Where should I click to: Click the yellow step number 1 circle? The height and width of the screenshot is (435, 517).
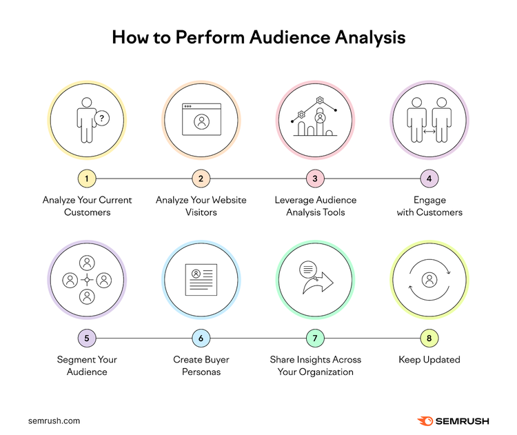[87, 179]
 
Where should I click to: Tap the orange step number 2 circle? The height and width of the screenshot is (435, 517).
[201, 179]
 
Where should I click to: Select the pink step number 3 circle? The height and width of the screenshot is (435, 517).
[315, 179]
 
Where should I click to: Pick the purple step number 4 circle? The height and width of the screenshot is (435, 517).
[429, 179]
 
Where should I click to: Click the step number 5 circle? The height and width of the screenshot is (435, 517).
[87, 338]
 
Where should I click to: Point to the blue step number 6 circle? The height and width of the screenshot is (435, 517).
[201, 338]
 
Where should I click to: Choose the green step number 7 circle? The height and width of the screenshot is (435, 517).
[315, 338]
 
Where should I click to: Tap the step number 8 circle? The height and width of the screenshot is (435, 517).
[429, 338]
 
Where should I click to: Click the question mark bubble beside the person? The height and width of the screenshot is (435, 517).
[102, 118]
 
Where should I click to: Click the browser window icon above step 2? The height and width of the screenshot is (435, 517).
[201, 119]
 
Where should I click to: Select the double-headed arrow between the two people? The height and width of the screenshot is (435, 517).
[429, 132]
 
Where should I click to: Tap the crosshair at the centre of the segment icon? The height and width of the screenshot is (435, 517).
[87, 280]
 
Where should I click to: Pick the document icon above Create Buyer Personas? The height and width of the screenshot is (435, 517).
[201, 280]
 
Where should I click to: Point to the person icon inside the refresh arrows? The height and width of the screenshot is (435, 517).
[429, 280]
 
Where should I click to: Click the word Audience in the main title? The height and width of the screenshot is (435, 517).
[290, 37]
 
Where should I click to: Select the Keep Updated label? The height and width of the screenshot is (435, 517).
[429, 359]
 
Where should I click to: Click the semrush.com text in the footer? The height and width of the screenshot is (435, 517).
[54, 421]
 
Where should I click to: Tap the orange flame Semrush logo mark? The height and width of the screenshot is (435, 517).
[425, 421]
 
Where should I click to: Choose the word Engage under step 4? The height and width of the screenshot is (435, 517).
[429, 200]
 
